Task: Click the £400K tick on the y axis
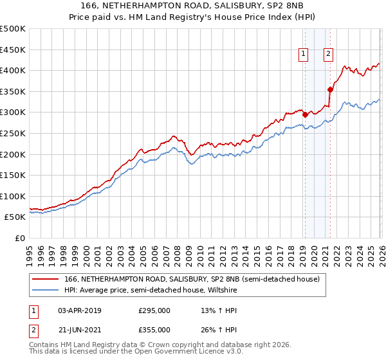point(13,71)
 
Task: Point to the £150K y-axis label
point(13,175)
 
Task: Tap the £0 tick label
point(20,238)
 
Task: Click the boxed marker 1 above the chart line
point(302,54)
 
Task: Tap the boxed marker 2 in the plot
point(328,54)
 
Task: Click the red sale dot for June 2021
point(330,89)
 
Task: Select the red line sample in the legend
point(45,279)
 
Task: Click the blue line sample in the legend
point(45,289)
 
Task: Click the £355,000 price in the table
point(154,330)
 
